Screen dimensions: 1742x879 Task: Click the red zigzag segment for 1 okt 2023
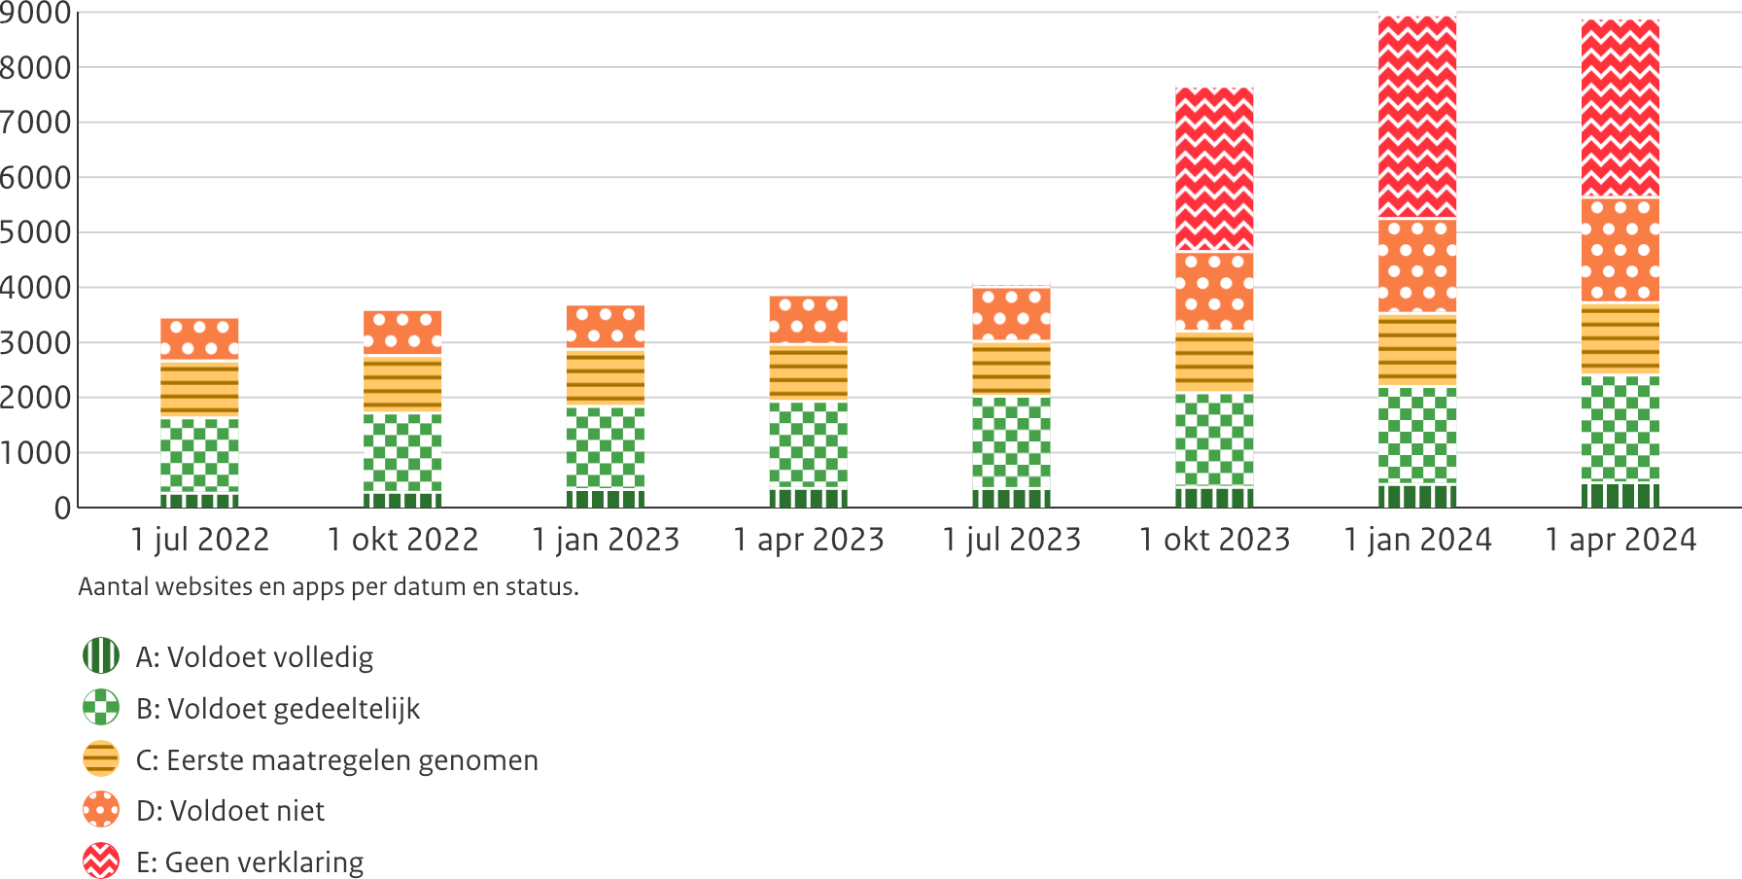1214,169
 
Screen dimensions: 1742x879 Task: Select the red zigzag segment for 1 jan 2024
1417,117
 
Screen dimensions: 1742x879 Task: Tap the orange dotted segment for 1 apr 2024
1620,250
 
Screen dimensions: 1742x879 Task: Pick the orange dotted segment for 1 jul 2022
199,339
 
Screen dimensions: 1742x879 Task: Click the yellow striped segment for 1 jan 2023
606,377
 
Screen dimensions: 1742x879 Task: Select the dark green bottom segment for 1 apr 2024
1620,495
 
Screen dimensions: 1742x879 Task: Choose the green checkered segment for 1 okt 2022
402,453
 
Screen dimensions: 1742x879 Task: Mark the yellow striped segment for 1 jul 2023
1012,369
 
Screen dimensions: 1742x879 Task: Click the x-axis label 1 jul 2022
200,540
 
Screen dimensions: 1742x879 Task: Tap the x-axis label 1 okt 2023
1215,540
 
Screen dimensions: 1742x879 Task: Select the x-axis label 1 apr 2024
1621,540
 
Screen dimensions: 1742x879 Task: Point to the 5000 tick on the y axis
36,232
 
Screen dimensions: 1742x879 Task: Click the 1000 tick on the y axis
36,453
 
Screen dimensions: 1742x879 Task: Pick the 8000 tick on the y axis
36,68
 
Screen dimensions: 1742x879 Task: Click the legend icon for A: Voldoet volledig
101,656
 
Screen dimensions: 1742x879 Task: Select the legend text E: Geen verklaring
250,862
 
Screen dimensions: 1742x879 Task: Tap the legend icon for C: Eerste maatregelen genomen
101,759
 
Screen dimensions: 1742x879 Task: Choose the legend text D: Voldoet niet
230,811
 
